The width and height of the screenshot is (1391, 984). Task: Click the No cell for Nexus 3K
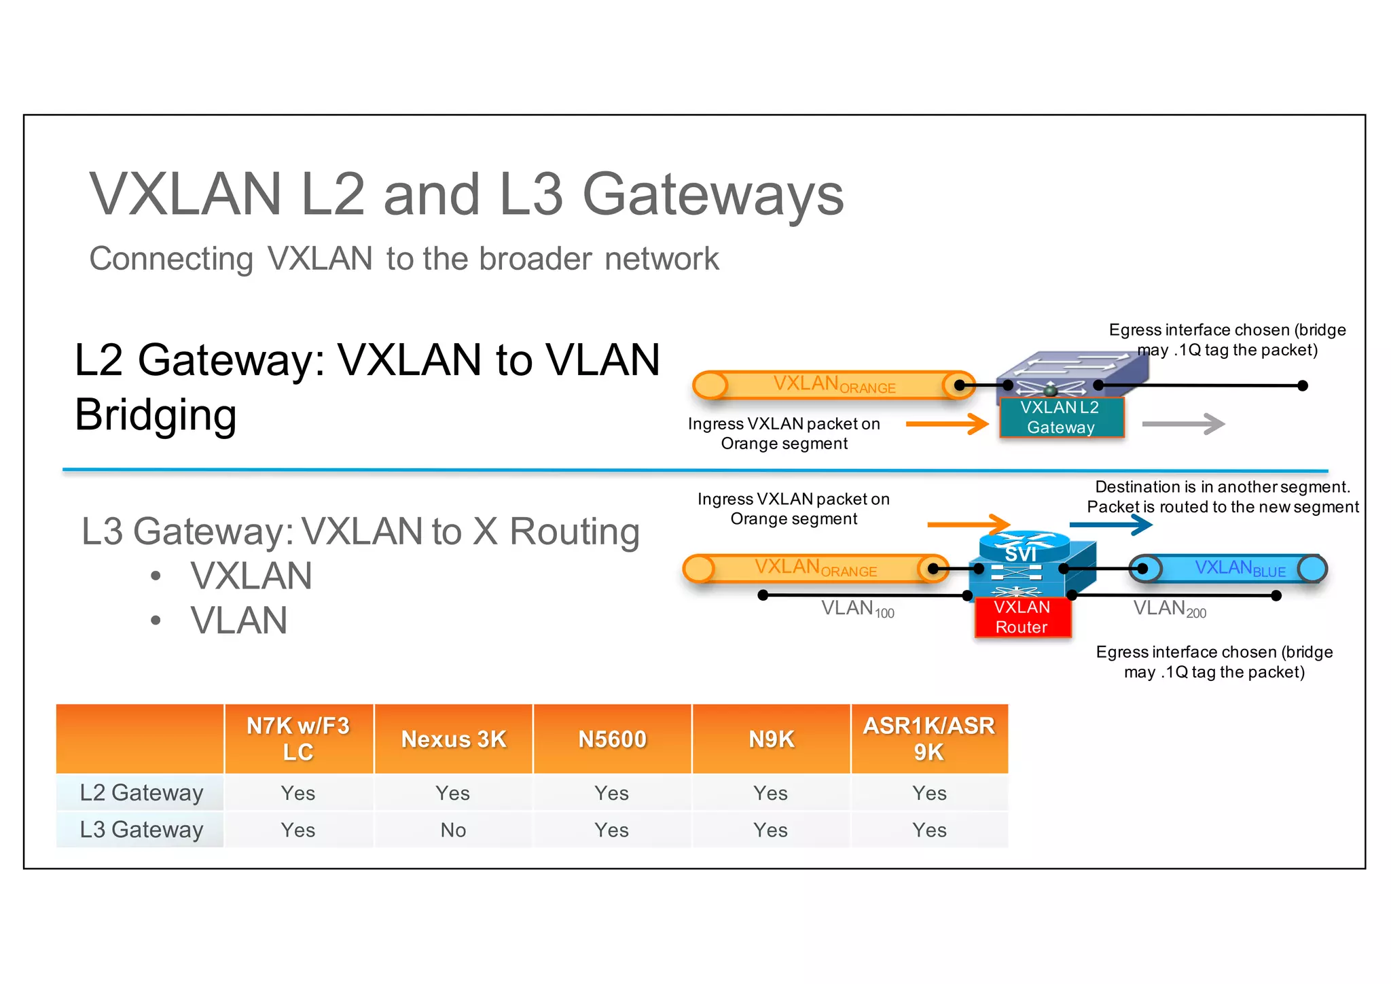coord(453,830)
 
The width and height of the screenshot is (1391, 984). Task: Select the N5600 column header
coord(612,739)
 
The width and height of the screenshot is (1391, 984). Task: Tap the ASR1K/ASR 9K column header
coord(928,739)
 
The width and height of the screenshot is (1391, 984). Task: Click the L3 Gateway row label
coord(141,830)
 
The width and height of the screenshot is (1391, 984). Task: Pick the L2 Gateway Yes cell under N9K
coord(770,793)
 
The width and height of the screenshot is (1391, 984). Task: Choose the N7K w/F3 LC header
coord(298,739)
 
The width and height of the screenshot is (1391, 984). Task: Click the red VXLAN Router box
coord(1022,617)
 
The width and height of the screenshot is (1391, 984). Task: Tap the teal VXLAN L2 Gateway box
coord(1061,417)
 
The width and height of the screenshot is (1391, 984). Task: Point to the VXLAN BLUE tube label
coord(1240,569)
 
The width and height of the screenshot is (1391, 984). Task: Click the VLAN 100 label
coord(857,609)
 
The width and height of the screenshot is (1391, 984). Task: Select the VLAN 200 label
coord(1169,609)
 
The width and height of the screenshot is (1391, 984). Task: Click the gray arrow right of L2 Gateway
coord(1183,424)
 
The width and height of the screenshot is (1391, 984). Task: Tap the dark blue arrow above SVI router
coord(1111,525)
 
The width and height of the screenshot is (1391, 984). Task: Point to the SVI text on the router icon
coord(1021,555)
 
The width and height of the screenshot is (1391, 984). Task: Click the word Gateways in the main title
coord(713,195)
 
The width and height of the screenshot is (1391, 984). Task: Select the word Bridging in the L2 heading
coord(156,415)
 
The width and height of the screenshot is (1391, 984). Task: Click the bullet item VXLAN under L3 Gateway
coord(251,576)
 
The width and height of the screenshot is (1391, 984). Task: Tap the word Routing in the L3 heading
coord(574,531)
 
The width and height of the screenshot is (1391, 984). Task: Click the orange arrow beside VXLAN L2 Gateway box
coord(947,424)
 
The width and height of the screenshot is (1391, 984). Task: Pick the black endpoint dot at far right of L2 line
coord(1302,386)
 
